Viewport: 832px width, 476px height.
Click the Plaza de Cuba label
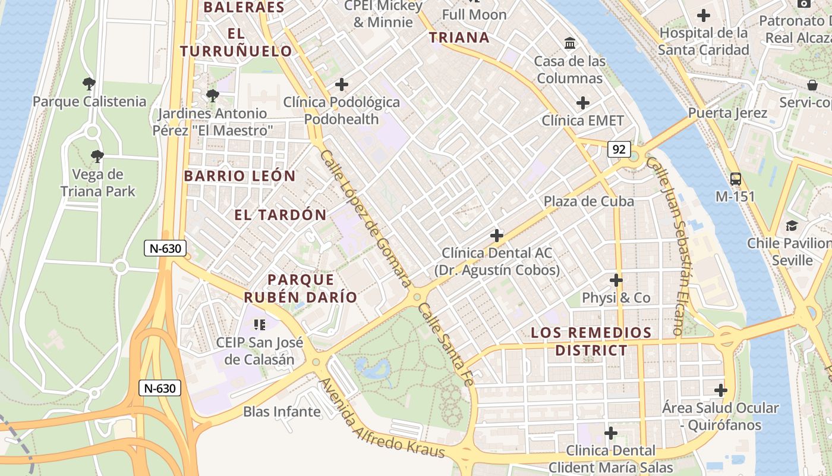click(x=588, y=201)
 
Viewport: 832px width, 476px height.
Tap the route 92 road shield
click(x=619, y=149)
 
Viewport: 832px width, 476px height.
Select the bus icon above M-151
click(x=735, y=178)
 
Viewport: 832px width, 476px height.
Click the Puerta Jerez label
click(x=727, y=112)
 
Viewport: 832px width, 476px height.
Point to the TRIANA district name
click(x=459, y=38)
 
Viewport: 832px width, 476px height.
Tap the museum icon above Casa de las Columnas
click(x=570, y=43)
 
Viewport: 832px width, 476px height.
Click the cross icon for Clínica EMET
click(x=583, y=103)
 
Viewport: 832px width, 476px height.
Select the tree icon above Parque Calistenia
click(x=89, y=83)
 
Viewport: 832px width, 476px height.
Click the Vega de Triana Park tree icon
click(x=97, y=156)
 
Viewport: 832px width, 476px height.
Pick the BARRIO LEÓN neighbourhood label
click(x=239, y=176)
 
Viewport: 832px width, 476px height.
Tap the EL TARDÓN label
click(x=281, y=215)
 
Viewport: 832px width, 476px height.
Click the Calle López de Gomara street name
click(x=365, y=218)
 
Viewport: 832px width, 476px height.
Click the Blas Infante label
click(x=282, y=411)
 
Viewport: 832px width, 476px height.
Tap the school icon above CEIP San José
click(x=259, y=324)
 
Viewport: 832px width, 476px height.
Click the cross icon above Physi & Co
click(x=616, y=280)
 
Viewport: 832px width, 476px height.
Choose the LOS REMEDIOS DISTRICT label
click(x=591, y=341)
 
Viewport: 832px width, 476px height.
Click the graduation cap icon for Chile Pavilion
click(x=792, y=226)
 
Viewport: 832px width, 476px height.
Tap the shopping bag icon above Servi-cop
click(x=812, y=85)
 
